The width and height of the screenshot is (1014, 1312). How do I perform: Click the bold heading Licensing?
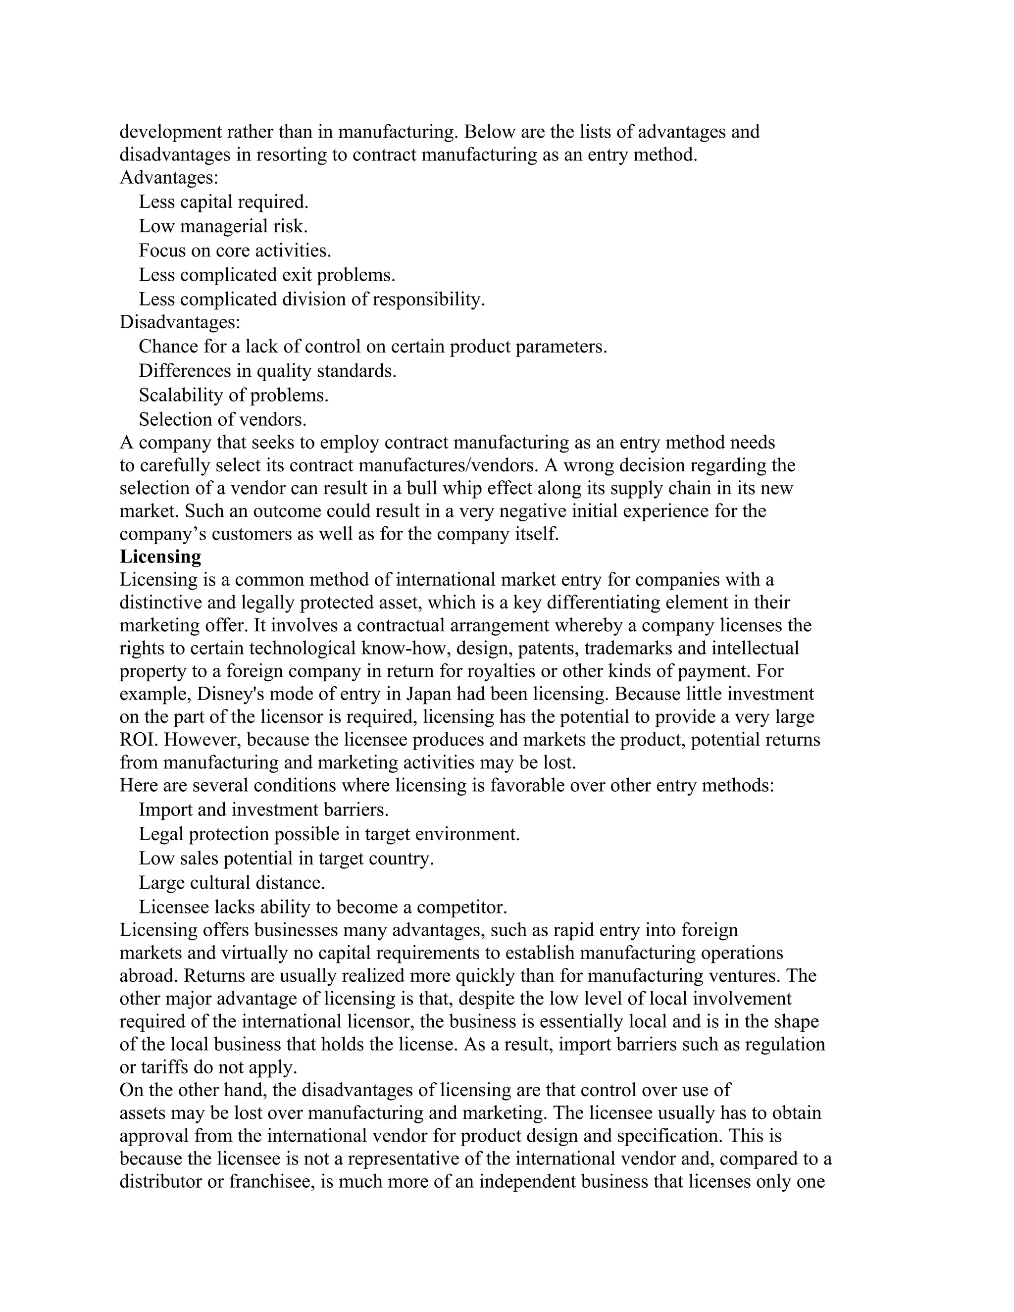[160, 557]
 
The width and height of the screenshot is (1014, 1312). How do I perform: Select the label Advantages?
[169, 178]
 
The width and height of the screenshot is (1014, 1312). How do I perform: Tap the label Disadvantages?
[180, 323]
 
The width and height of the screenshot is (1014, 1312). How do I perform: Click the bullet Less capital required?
[223, 202]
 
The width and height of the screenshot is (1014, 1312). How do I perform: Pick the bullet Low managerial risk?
[223, 226]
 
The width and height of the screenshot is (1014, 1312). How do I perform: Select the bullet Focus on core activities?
[235, 251]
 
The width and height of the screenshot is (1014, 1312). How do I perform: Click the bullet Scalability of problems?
[233, 395]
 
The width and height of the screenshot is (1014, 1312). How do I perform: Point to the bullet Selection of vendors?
[222, 419]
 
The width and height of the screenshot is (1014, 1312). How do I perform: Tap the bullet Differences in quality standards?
[267, 371]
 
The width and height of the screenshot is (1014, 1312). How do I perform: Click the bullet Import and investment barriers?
[263, 810]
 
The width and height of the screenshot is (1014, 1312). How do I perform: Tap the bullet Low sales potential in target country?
[286, 858]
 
